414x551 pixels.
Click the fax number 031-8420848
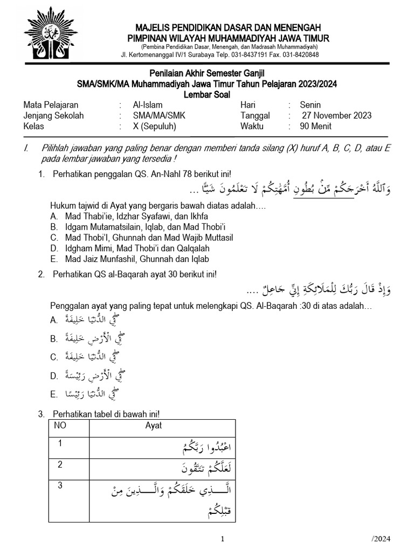[x=299, y=54]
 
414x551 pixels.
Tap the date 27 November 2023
[x=336, y=116]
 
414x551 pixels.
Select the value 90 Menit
[x=315, y=126]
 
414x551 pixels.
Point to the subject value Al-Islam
[x=147, y=105]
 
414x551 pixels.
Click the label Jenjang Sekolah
[x=54, y=116]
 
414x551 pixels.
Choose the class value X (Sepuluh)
[x=155, y=126]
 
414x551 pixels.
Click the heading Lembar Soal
[x=207, y=95]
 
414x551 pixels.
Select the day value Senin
[x=310, y=105]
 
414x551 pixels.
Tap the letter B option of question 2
[x=54, y=339]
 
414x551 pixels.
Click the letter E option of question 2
[x=54, y=395]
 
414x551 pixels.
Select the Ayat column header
[x=154, y=426]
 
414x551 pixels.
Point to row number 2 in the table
[x=60, y=464]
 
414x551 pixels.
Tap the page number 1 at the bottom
[x=223, y=539]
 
